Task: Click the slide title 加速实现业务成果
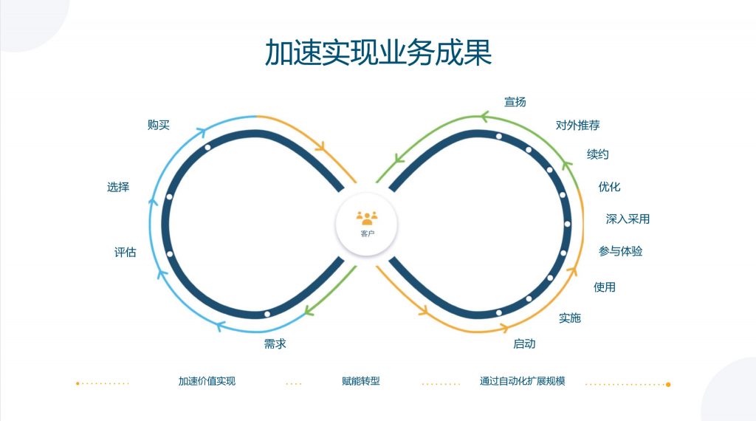pyautogui.click(x=378, y=52)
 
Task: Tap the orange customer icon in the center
pyautogui.click(x=367, y=218)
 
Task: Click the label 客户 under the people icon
pyautogui.click(x=368, y=234)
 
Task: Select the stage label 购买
pyautogui.click(x=159, y=125)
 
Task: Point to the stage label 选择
pyautogui.click(x=118, y=187)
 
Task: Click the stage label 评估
pyautogui.click(x=126, y=252)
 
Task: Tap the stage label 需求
pyautogui.click(x=275, y=343)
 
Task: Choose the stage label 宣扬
pyautogui.click(x=515, y=102)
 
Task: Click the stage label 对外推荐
pyautogui.click(x=577, y=126)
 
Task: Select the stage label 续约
pyautogui.click(x=598, y=154)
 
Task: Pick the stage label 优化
pyautogui.click(x=609, y=187)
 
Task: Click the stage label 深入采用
pyautogui.click(x=628, y=219)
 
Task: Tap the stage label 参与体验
pyautogui.click(x=620, y=251)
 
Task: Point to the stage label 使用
pyautogui.click(x=605, y=287)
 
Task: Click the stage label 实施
pyautogui.click(x=570, y=318)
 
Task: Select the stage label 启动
pyautogui.click(x=525, y=343)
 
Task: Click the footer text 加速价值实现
pyautogui.click(x=207, y=381)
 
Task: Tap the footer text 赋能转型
pyautogui.click(x=360, y=381)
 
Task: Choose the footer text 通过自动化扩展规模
pyautogui.click(x=522, y=381)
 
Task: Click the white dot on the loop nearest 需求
pyautogui.click(x=267, y=314)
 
